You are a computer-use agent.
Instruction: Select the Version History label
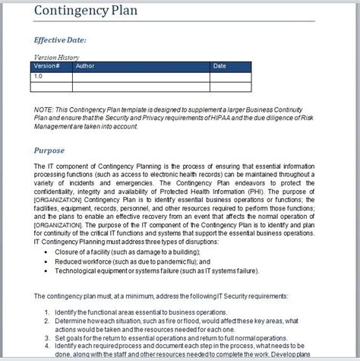point(58,58)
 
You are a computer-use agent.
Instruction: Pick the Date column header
point(219,66)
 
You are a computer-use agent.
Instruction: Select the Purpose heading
point(55,150)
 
